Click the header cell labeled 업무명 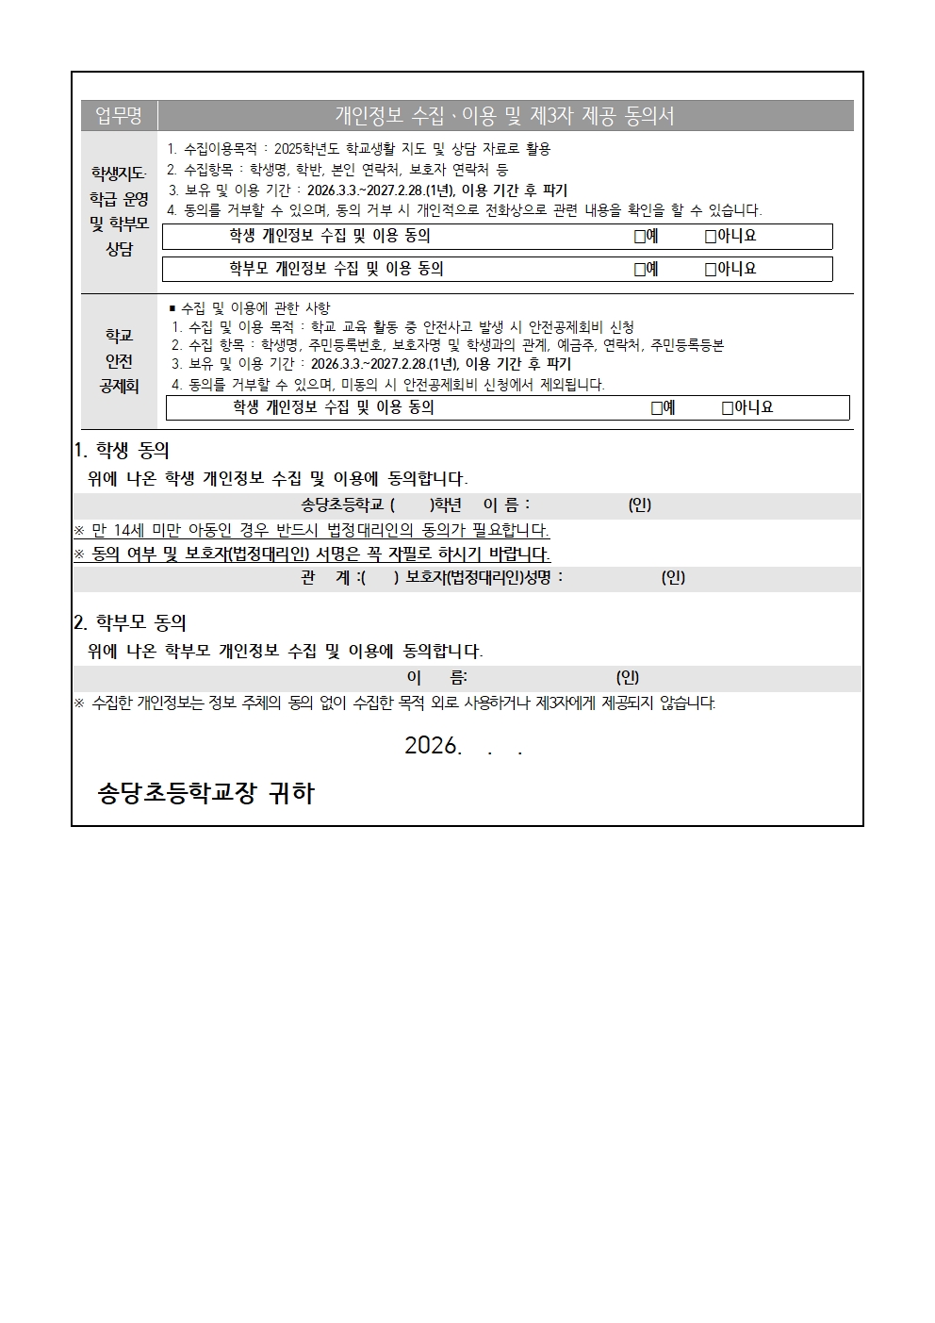tap(119, 116)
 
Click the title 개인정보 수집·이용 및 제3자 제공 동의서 tap(505, 116)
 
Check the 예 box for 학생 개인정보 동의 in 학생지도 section tap(640, 237)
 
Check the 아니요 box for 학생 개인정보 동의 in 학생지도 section tap(711, 237)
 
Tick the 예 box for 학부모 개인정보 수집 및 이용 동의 tap(640, 270)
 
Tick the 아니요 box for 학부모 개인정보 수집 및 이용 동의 tap(711, 270)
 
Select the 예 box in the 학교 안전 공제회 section tap(657, 408)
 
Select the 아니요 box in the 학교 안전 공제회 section tap(728, 408)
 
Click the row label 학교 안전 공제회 tap(119, 361)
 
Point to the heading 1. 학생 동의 tap(122, 451)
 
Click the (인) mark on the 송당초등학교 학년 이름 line tap(640, 505)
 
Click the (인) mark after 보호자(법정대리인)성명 tap(673, 577)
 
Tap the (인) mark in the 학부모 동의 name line tap(628, 677)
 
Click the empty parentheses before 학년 tap(411, 505)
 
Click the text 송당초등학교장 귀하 tap(205, 794)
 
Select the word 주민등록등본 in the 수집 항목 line tap(687, 346)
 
